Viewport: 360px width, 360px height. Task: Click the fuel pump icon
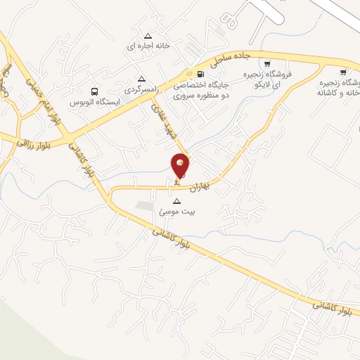(x=202, y=74)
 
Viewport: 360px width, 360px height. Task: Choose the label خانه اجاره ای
(x=148, y=46)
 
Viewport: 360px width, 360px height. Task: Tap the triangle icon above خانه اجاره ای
(x=148, y=36)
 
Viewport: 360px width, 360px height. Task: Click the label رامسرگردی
(x=143, y=89)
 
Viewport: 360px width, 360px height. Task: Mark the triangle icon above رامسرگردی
(x=142, y=79)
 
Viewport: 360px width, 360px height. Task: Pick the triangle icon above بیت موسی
(x=176, y=201)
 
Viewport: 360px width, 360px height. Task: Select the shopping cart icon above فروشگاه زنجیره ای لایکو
(x=267, y=64)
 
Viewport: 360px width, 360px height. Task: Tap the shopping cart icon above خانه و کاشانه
(x=343, y=72)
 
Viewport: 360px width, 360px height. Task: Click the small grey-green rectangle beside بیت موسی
(x=144, y=206)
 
